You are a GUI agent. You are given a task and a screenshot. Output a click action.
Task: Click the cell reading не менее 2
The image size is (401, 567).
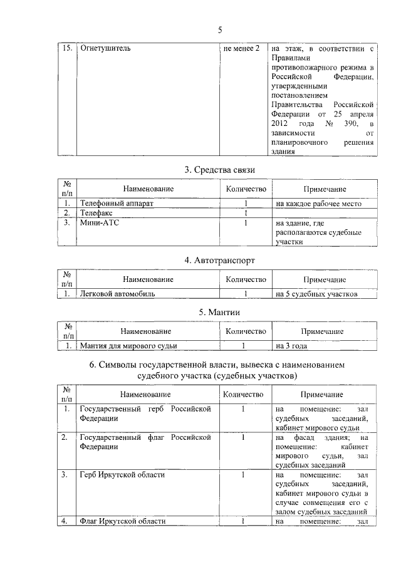pyautogui.click(x=241, y=48)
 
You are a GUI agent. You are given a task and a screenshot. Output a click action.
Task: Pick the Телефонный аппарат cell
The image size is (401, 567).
pyautogui.click(x=117, y=204)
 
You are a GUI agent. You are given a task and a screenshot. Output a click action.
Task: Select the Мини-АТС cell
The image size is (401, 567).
pyautogui.click(x=98, y=222)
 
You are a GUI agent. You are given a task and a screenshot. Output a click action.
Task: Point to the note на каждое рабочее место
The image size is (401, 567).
pyautogui.click(x=316, y=204)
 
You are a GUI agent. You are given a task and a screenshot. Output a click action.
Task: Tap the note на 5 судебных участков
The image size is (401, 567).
pyautogui.click(x=316, y=293)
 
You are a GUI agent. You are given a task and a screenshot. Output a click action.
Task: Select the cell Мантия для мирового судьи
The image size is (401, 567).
pyautogui.click(x=129, y=345)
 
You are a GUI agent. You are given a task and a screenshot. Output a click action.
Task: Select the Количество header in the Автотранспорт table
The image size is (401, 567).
pyautogui.click(x=246, y=279)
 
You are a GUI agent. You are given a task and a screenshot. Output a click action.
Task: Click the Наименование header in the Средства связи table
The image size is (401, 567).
pyautogui.click(x=148, y=189)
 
